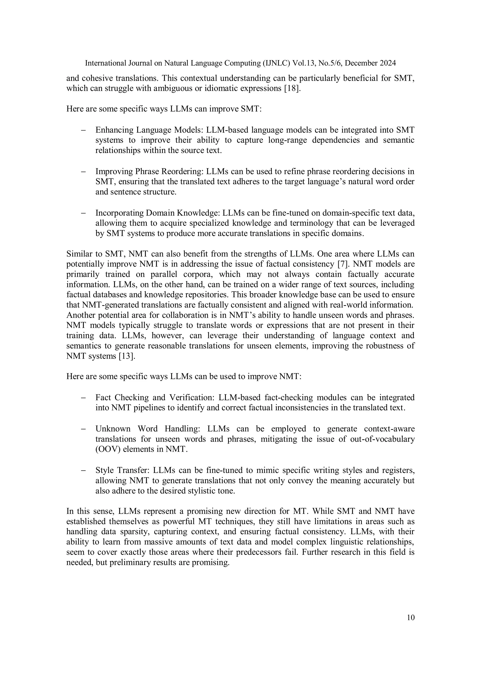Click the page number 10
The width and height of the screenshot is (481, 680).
click(x=411, y=618)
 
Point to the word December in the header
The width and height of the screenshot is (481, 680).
click(x=360, y=63)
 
